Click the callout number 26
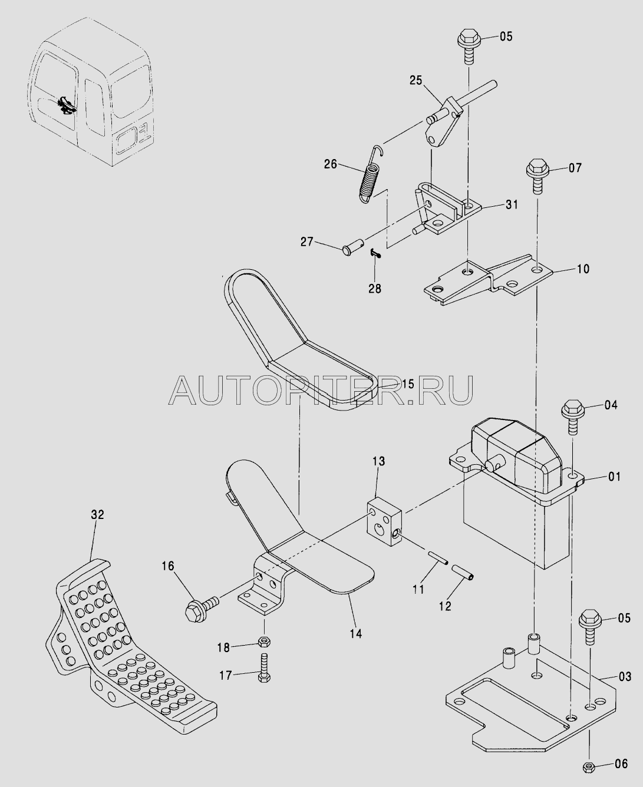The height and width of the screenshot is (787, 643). click(331, 164)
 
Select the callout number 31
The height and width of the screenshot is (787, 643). click(512, 204)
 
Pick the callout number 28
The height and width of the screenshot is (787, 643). click(375, 289)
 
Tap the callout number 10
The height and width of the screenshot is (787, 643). click(583, 269)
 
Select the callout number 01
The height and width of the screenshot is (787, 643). click(614, 477)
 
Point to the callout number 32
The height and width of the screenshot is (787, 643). click(97, 515)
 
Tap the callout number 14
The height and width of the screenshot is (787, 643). click(356, 633)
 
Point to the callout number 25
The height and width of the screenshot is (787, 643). click(416, 80)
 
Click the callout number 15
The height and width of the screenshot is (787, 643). click(408, 383)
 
